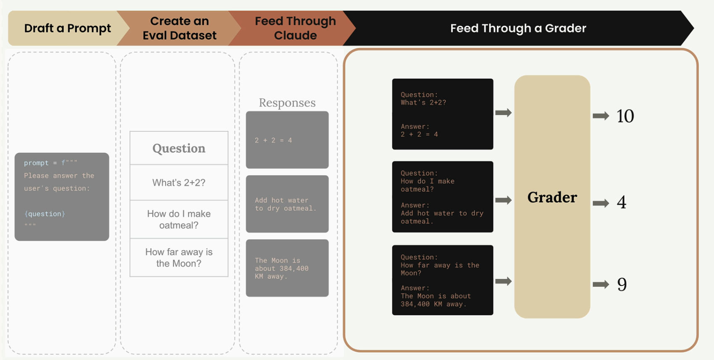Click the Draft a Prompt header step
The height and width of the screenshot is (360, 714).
click(x=67, y=28)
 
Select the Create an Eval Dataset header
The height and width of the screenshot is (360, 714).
click(x=180, y=28)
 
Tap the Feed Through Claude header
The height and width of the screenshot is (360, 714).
click(x=295, y=28)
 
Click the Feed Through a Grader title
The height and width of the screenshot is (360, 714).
click(x=518, y=28)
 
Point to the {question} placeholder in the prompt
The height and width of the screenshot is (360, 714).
click(x=45, y=214)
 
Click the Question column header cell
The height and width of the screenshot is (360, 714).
click(x=179, y=148)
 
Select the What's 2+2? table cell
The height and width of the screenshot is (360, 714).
click(x=179, y=183)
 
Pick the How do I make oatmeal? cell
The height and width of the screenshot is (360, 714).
click(x=179, y=220)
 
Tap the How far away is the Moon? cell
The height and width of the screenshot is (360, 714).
click(x=179, y=257)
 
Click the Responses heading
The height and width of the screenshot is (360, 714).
click(x=287, y=103)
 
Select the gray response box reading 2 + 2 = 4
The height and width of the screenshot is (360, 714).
click(x=287, y=140)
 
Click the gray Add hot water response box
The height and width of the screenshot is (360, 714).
click(x=287, y=204)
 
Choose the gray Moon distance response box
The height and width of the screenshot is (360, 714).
click(x=287, y=268)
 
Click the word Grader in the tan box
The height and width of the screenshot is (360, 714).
click(x=552, y=197)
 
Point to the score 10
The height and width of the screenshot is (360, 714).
click(x=625, y=116)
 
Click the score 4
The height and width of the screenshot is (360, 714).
click(x=621, y=203)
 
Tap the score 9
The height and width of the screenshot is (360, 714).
click(x=622, y=285)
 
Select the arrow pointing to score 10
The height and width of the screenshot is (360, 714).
click(x=601, y=116)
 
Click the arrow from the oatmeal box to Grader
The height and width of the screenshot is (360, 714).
click(x=503, y=200)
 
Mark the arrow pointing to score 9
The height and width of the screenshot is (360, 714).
click(x=601, y=285)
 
